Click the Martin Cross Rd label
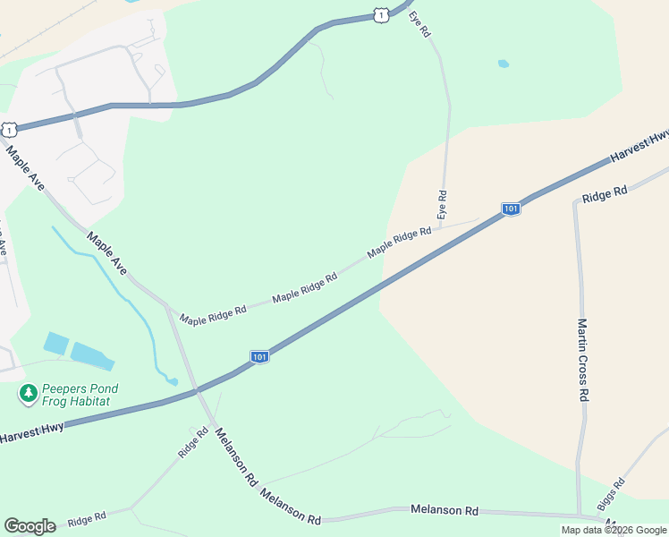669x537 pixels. pyautogui.click(x=582, y=360)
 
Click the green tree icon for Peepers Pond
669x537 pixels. pyautogui.click(x=28, y=392)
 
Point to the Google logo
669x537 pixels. pyautogui.click(x=30, y=525)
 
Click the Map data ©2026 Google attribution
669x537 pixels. pyautogui.click(x=614, y=530)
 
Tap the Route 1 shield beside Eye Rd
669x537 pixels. pyautogui.click(x=381, y=15)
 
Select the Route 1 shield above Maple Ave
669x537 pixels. pyautogui.click(x=8, y=130)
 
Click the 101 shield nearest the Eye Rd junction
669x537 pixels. pyautogui.click(x=510, y=209)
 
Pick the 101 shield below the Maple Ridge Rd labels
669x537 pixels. pyautogui.click(x=259, y=356)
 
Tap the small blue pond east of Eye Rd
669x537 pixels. pyautogui.click(x=503, y=64)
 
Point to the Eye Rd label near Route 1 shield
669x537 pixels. pyautogui.click(x=420, y=23)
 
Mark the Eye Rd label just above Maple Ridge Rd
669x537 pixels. pyautogui.click(x=441, y=205)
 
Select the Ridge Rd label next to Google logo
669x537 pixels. pyautogui.click(x=87, y=518)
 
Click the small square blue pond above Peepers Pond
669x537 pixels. pyautogui.click(x=55, y=343)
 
